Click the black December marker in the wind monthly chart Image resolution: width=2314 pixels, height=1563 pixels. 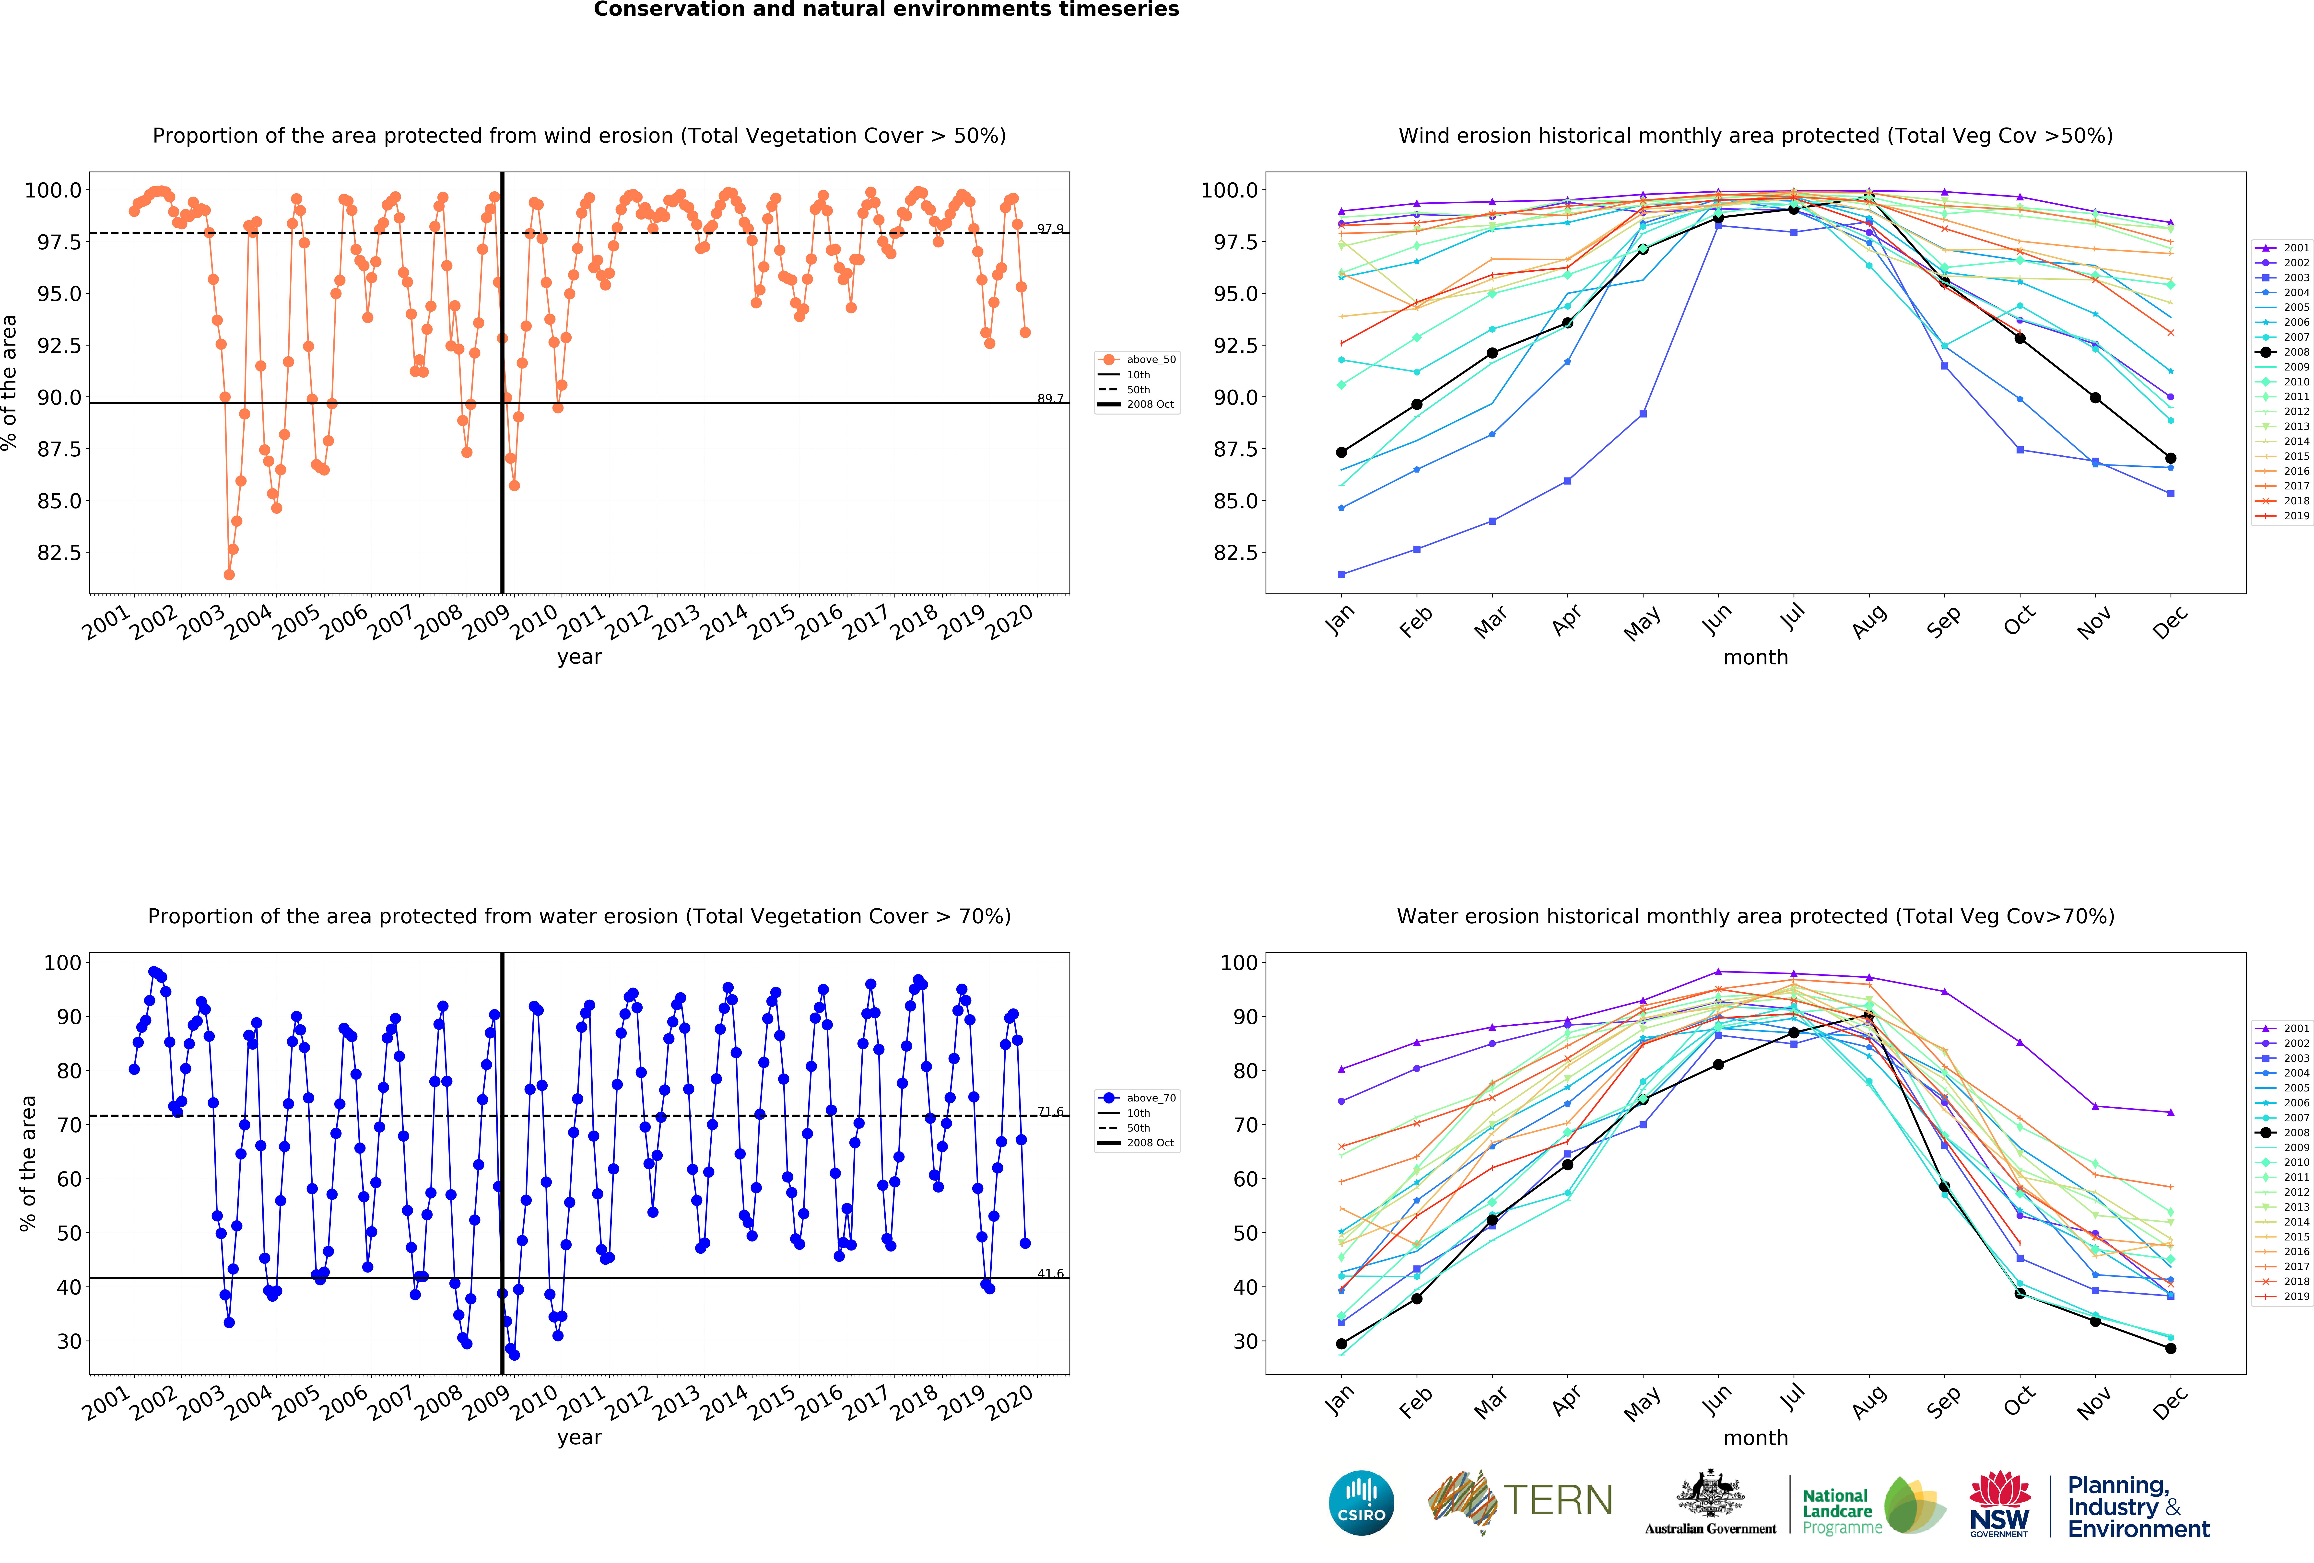click(x=2171, y=458)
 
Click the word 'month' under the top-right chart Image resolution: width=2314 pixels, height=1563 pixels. click(x=1755, y=657)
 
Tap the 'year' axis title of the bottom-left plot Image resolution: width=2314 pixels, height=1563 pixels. click(x=579, y=1437)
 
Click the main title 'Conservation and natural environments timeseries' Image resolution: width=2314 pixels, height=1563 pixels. click(x=886, y=10)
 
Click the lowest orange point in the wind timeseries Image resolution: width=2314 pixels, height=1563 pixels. click(x=229, y=574)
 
